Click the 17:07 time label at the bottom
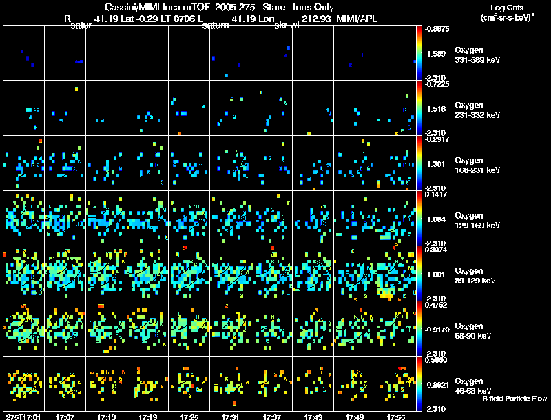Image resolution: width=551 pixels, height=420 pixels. pyautogui.click(x=65, y=417)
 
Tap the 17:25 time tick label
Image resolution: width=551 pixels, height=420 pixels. pyautogui.click(x=189, y=417)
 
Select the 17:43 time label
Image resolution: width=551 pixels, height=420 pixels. pyautogui.click(x=313, y=417)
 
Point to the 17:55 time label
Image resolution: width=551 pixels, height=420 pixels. pyautogui.click(x=396, y=417)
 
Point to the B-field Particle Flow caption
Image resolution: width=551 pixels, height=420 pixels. pyautogui.click(x=514, y=399)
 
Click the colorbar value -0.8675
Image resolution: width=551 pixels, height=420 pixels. pyautogui.click(x=439, y=29)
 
